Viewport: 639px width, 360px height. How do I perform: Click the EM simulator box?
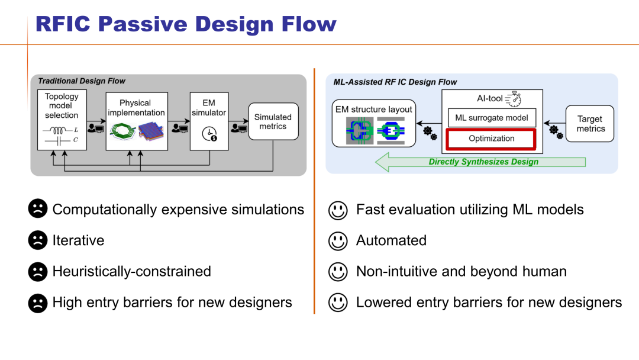point(208,120)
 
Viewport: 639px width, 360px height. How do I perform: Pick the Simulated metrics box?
point(273,121)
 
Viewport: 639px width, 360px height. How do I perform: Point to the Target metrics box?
point(590,124)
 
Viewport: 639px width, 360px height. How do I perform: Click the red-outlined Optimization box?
point(492,139)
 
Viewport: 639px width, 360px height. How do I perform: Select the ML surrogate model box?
point(492,118)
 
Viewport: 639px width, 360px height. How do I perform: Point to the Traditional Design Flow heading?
point(82,81)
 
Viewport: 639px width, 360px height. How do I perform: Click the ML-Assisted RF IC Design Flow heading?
point(395,82)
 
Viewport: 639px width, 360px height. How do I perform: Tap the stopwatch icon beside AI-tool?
point(512,99)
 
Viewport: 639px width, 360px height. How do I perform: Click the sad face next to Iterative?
point(37,240)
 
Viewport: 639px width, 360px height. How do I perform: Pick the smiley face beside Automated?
point(338,240)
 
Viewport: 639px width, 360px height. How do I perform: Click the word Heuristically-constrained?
point(131,271)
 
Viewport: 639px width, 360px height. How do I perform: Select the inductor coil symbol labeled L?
point(59,129)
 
